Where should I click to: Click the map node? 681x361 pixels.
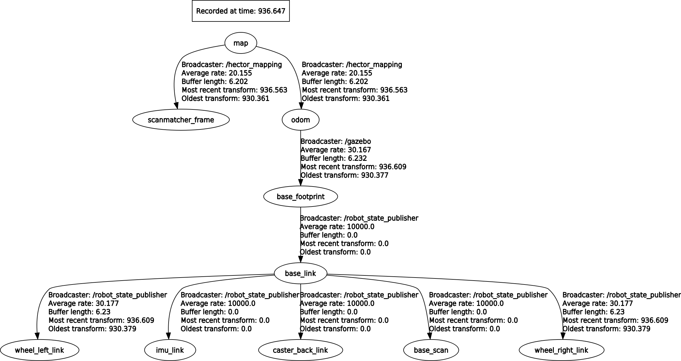(x=241, y=43)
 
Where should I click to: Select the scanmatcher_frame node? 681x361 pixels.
(x=181, y=120)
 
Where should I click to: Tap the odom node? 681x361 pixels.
(x=300, y=120)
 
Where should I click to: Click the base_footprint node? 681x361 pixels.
(x=300, y=197)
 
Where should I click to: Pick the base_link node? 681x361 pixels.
(x=300, y=273)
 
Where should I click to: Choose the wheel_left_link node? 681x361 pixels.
(x=39, y=350)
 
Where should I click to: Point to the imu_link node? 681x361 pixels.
(x=170, y=350)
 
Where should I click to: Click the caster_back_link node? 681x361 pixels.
(x=300, y=350)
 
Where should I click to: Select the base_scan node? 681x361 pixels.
(x=431, y=350)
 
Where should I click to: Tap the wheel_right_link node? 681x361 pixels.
(x=561, y=350)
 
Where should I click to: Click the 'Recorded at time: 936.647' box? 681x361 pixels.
(x=241, y=11)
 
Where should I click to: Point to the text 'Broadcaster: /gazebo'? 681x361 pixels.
(x=336, y=141)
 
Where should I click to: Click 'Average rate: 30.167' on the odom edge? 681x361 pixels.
(x=336, y=150)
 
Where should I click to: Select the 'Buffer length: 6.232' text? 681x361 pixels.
(x=334, y=158)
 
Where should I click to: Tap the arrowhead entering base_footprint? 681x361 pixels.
(x=300, y=182)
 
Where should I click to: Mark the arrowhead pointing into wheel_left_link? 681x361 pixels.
(x=37, y=336)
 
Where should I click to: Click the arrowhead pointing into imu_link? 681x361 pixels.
(x=168, y=336)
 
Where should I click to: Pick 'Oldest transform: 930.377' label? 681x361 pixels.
(x=344, y=175)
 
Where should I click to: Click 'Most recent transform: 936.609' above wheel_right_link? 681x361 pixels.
(x=615, y=320)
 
